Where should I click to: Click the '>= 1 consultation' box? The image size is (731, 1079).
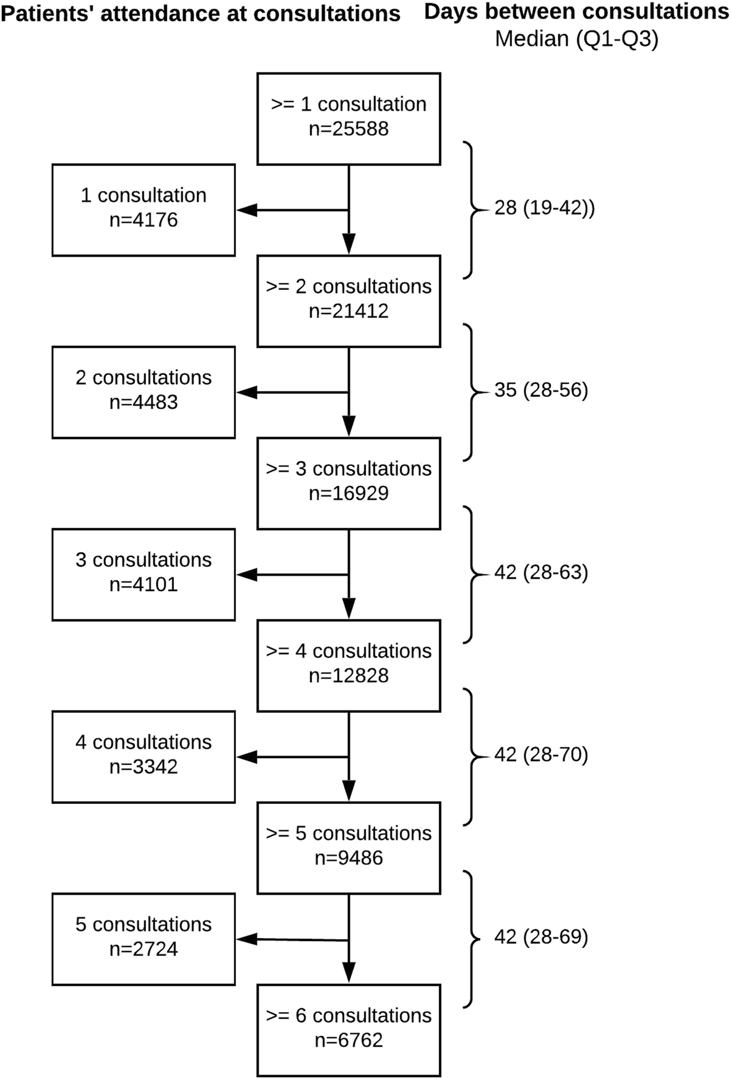(x=348, y=118)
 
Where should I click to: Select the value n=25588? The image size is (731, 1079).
(x=348, y=129)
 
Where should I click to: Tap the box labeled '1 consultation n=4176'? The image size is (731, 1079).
(x=144, y=210)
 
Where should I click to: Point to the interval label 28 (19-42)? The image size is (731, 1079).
(x=544, y=208)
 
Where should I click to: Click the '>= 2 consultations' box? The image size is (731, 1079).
(x=348, y=301)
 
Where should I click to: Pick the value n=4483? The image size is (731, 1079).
(x=144, y=402)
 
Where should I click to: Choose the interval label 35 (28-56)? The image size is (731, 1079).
(x=541, y=390)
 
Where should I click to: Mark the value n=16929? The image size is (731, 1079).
(x=348, y=493)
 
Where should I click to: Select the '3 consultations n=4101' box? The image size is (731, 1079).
(x=144, y=574)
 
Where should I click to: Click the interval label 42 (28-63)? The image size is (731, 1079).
(x=541, y=573)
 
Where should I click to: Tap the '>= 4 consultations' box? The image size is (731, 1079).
(x=348, y=665)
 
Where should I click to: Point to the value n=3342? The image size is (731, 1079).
(x=144, y=767)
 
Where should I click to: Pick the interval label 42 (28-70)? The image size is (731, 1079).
(x=541, y=755)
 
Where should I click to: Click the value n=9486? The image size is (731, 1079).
(x=348, y=858)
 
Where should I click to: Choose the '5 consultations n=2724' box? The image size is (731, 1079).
(x=144, y=939)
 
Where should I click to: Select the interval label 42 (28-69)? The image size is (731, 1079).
(x=541, y=937)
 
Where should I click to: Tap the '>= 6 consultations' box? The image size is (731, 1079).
(x=348, y=1030)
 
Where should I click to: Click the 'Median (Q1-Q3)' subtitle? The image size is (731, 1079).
(x=576, y=39)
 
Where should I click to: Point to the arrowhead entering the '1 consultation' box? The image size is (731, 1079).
(x=246, y=210)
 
